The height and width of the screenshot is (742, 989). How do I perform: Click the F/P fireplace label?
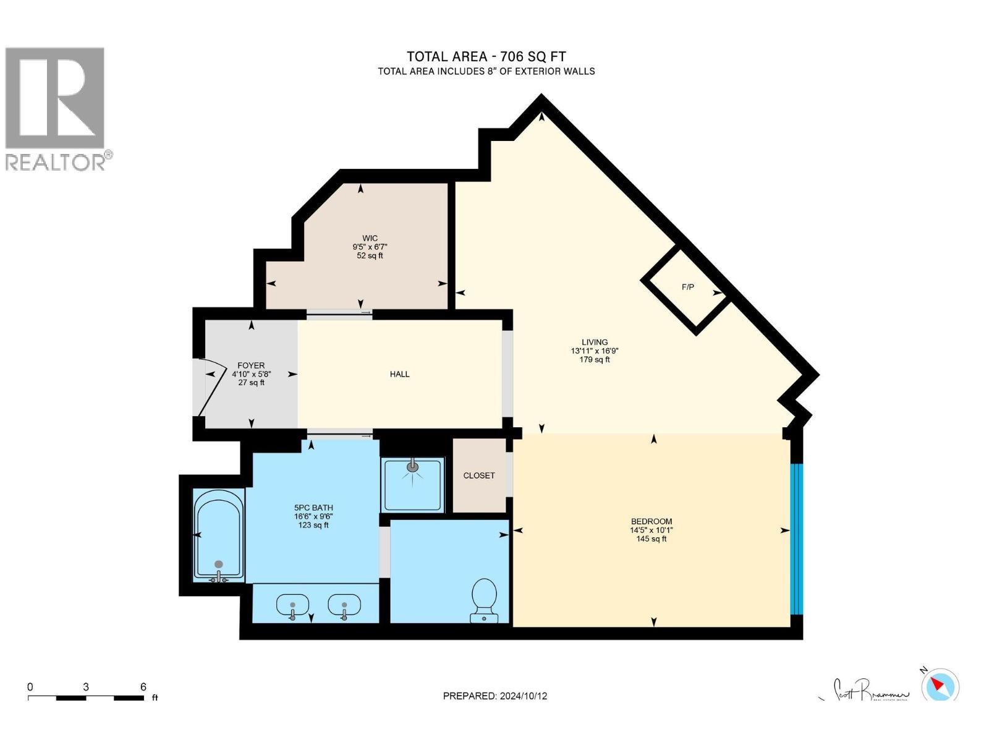pos(687,287)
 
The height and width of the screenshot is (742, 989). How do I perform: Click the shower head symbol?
pos(412,466)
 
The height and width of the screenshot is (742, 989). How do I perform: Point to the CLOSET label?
pos(479,475)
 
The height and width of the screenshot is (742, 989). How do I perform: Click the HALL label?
pos(399,374)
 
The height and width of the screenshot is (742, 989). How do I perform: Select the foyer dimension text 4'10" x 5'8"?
pos(251,374)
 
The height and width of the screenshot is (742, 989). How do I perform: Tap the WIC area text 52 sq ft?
pos(370,255)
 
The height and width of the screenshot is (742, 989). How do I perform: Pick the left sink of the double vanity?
pos(293,605)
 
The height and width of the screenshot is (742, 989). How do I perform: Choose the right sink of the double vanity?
pos(344,605)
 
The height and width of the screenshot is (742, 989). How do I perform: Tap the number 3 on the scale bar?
pos(86,687)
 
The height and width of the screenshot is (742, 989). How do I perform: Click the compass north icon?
pos(940,685)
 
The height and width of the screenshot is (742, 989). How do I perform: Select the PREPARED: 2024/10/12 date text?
pos(494,696)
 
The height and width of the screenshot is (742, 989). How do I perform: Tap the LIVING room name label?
pos(595,342)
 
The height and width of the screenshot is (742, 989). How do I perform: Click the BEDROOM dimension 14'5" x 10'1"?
pos(651,530)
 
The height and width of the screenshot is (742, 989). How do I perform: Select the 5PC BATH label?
pos(313,508)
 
